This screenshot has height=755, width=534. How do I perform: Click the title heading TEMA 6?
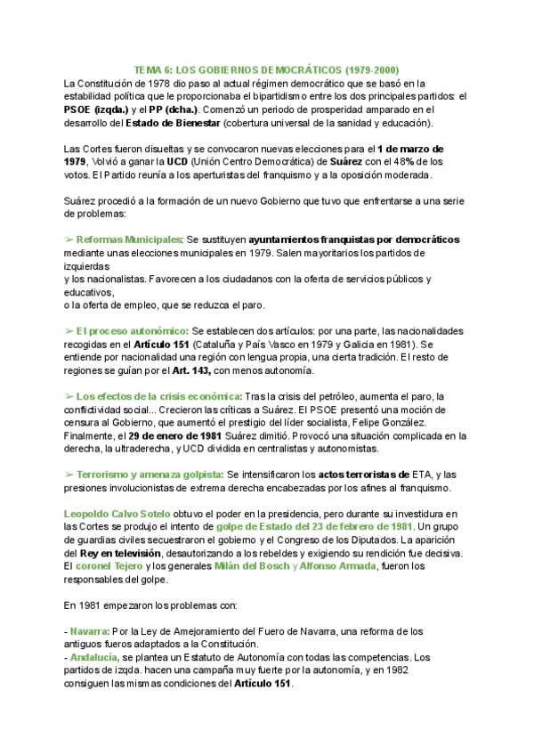click(266, 69)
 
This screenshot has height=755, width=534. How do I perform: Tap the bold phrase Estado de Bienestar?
click(173, 123)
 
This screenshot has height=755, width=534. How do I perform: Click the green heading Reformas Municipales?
click(129, 239)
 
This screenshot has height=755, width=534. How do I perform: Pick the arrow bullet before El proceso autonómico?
click(69, 330)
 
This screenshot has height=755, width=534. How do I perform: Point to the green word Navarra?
click(90, 631)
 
